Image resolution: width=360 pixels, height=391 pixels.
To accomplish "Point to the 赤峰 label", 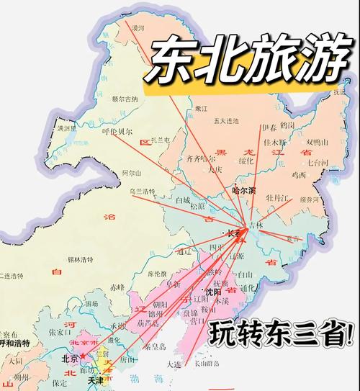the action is (117, 287).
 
